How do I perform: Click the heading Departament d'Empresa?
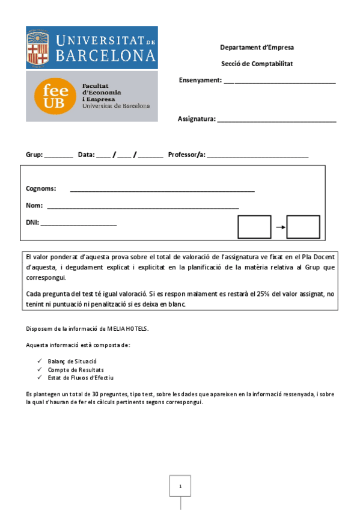tap(257, 48)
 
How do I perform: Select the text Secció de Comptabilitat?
tap(257, 64)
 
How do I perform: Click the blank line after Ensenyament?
tap(279, 82)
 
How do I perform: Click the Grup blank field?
tap(58, 156)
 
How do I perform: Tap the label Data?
tap(86, 155)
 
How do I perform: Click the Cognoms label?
tap(41, 188)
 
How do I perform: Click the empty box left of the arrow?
tap(254, 227)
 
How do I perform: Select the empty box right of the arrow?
tap(303, 227)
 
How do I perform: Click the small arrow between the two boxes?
tap(279, 227)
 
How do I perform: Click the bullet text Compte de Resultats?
tap(76, 369)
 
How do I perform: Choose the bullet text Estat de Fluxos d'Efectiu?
tap(81, 378)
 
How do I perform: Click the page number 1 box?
tap(180, 486)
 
